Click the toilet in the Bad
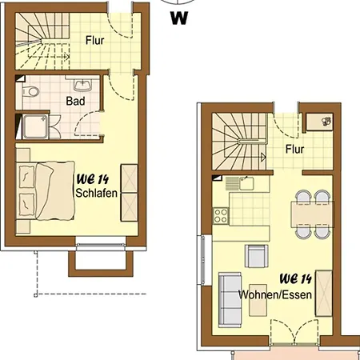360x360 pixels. (30, 92)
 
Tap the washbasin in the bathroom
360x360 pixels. (82, 85)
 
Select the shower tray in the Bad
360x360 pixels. (35, 126)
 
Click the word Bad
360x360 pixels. (75, 101)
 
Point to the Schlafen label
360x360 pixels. (96, 193)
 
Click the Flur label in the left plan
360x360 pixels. (94, 41)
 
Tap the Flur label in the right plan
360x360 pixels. (294, 149)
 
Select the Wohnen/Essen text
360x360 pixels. (275, 294)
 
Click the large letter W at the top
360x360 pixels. (179, 18)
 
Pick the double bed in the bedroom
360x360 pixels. (45, 190)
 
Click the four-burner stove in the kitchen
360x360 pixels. (221, 215)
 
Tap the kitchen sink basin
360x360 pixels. (246, 183)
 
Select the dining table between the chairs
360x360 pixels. (312, 214)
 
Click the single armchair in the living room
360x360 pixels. (256, 256)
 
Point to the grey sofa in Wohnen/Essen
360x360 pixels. (230, 300)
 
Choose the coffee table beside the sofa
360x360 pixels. (258, 307)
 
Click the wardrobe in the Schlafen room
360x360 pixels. (130, 193)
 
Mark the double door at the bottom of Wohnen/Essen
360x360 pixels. (294, 332)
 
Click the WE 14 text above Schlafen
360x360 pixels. (93, 179)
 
